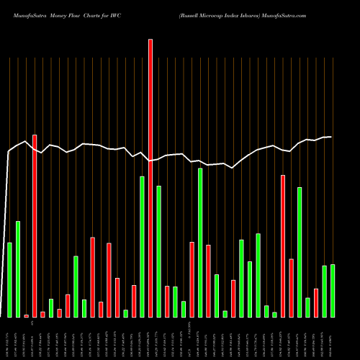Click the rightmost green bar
[x=333, y=290]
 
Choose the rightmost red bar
[x=316, y=302]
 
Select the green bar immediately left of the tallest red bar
[x=142, y=246]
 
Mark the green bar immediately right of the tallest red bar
[x=158, y=251]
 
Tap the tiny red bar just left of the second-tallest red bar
[x=26, y=315]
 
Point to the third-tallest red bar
[x=283, y=246]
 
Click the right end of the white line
[x=331, y=137]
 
